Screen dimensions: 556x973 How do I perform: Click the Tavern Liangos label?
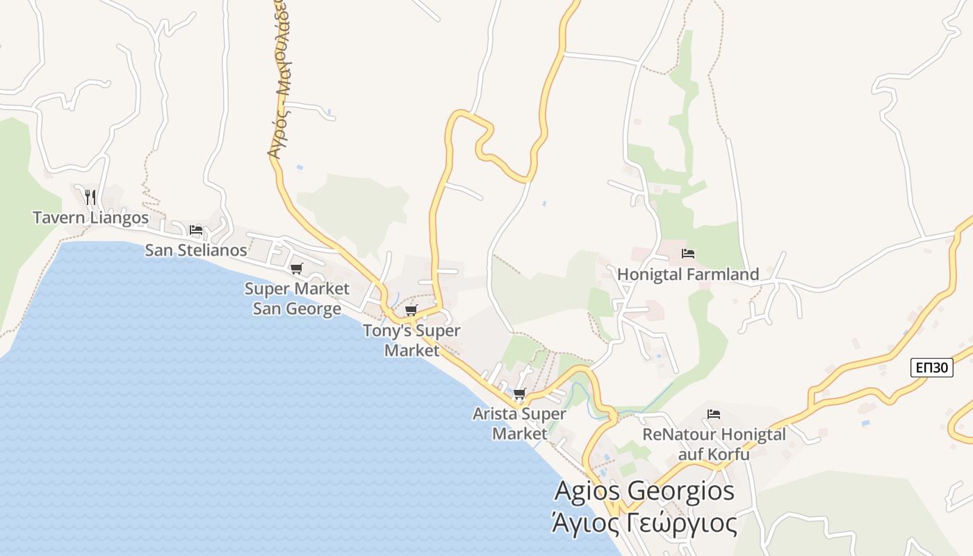click(x=90, y=218)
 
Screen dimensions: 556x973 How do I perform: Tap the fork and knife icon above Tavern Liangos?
click(x=90, y=197)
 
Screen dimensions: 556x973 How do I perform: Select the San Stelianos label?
click(x=196, y=250)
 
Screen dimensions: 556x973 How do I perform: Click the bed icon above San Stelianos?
click(x=196, y=230)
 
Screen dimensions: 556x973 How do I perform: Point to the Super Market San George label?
click(x=297, y=297)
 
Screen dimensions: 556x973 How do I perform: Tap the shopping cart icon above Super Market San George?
click(x=297, y=268)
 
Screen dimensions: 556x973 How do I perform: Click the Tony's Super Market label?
click(x=411, y=340)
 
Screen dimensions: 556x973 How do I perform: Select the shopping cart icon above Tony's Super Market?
click(x=411, y=310)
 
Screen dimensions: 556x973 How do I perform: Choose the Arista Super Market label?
click(x=519, y=423)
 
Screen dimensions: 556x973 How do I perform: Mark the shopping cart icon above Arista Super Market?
click(x=519, y=394)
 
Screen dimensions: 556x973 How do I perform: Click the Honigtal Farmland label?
click(x=688, y=275)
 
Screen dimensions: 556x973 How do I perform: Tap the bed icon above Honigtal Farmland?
click(x=688, y=254)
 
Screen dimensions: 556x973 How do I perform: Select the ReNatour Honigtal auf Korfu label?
click(x=714, y=444)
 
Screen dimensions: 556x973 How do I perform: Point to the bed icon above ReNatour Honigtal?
click(x=714, y=415)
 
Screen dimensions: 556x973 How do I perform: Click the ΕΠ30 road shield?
click(x=931, y=368)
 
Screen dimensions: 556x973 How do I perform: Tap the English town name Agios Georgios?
click(x=644, y=491)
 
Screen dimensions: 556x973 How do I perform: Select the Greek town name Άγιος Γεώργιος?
click(x=644, y=523)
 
